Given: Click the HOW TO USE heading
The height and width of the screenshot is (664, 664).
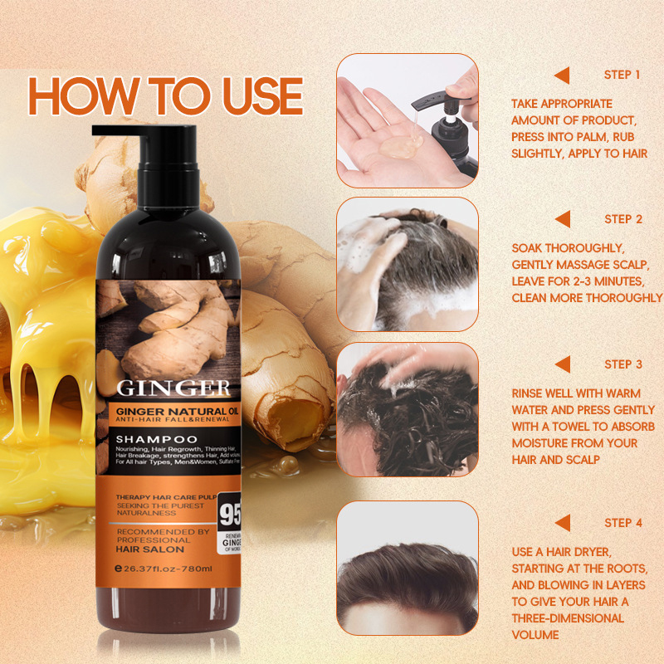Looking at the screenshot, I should pos(165,96).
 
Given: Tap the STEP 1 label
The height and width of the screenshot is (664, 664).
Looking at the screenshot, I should pos(622,75).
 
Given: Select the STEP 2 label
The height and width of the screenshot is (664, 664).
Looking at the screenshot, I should pos(623,219).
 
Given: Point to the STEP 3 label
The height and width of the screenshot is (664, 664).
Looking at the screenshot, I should pos(623,364).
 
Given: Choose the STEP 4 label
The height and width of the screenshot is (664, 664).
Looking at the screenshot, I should pos(623,523).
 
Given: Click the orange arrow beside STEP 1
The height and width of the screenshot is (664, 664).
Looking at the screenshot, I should pos(562,75).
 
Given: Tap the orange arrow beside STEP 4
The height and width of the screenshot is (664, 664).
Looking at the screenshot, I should pos(562,523).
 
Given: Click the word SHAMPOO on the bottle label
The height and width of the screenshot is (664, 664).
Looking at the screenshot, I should pos(157,437).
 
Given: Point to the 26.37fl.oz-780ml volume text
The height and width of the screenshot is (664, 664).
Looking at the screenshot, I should pos(168,569).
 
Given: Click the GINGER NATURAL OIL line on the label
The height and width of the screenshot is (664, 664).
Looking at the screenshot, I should pos(173,409).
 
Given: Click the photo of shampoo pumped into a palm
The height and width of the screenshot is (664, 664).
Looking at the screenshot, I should pos(407,121).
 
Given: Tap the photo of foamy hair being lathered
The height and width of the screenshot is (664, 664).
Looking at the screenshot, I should pos(407,265).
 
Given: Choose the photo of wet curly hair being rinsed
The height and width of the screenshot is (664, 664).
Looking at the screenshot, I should pos(407,409).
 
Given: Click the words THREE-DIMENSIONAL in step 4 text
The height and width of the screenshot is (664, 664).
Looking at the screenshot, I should pos(568,618).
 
